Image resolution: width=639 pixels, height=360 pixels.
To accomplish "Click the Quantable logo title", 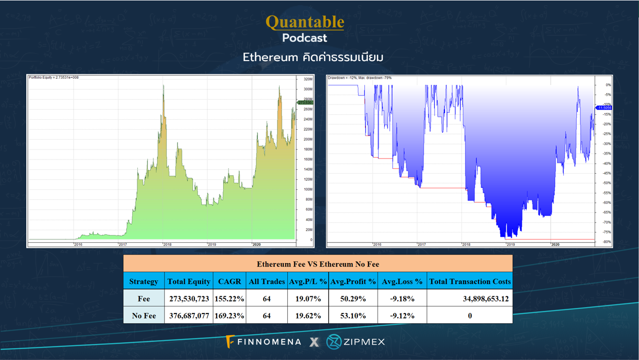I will [x=305, y=22].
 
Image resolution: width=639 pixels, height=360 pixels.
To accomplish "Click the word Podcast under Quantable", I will [x=304, y=38].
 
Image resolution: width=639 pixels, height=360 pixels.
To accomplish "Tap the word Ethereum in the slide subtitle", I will [x=270, y=57].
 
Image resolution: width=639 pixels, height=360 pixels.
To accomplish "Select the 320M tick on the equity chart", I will [x=307, y=79].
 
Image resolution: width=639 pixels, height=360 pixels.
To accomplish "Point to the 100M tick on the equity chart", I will [x=307, y=189].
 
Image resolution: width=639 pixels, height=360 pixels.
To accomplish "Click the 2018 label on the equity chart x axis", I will [x=167, y=244].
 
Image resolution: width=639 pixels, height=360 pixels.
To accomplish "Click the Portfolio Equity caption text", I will [x=54, y=78].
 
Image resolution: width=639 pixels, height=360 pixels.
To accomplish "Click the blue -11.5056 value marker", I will [x=604, y=108].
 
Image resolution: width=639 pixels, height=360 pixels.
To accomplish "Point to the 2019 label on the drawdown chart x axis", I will [x=510, y=244].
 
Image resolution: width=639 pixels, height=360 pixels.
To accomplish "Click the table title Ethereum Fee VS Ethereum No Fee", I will [x=317, y=264].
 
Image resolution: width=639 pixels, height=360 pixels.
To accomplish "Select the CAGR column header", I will [x=230, y=281].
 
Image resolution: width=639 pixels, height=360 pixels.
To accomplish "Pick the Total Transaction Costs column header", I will [x=469, y=281].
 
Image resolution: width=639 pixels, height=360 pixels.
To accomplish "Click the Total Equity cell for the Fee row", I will [x=189, y=298].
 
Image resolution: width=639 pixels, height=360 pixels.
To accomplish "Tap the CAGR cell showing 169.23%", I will [x=230, y=316].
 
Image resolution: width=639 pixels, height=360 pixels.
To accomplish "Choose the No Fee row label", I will [x=143, y=316].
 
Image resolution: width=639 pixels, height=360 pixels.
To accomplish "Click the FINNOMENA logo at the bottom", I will [x=264, y=342].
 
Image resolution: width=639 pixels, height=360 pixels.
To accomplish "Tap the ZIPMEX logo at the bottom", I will [x=356, y=342].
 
